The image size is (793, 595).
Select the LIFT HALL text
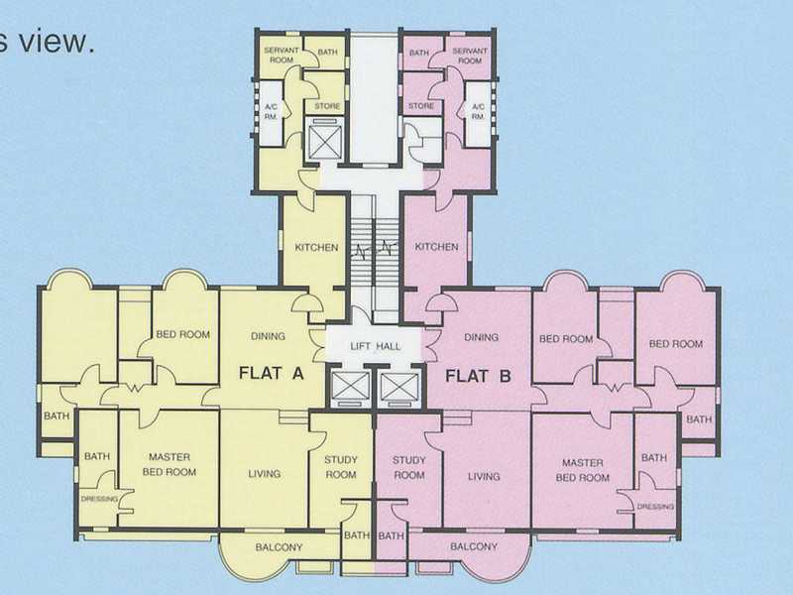coord(374,346)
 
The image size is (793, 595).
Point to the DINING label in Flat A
coord(268,336)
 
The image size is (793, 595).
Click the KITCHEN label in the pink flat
coord(436,247)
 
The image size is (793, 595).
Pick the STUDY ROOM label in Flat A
coord(340,467)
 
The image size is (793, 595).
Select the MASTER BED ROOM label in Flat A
coord(170,464)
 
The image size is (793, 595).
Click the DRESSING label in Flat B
coord(655,506)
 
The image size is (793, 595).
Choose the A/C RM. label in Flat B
coord(478,111)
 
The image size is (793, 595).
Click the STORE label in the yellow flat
coord(327,106)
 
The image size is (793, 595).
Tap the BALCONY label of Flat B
coord(474,546)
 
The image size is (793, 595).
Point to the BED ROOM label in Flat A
coord(183,335)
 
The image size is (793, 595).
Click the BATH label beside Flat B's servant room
coord(419,53)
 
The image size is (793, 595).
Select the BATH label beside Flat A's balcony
coord(356,536)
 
